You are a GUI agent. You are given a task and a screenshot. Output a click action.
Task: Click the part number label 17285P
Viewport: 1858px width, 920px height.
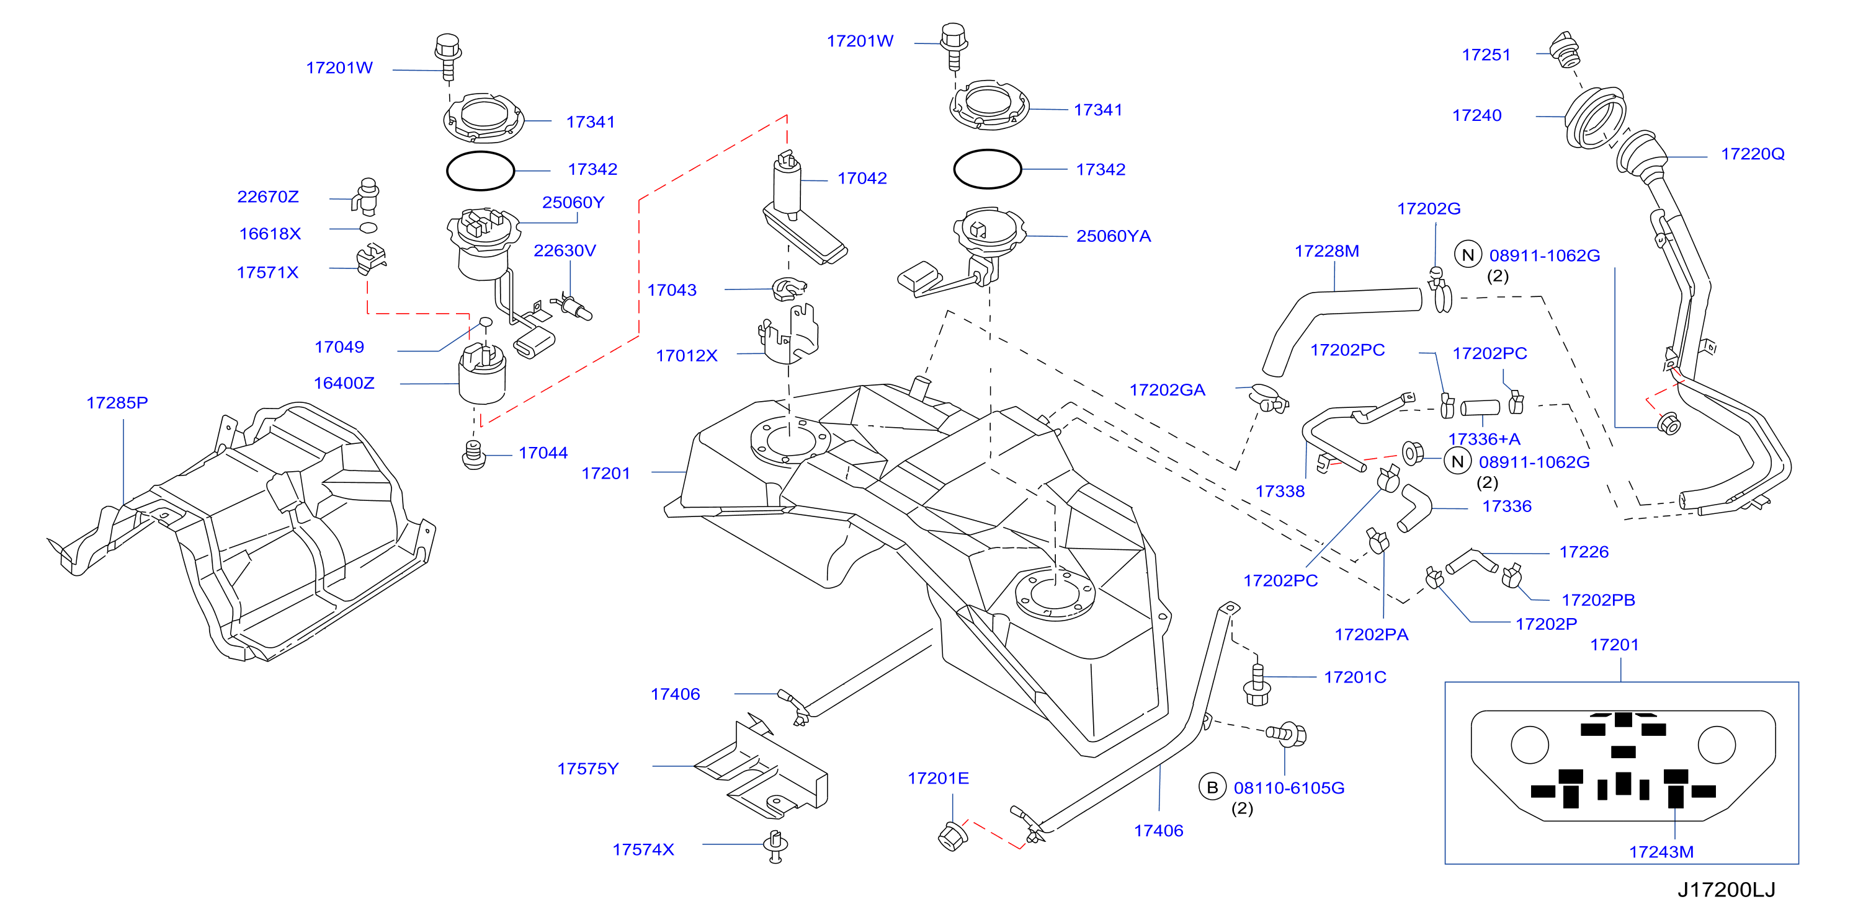(117, 402)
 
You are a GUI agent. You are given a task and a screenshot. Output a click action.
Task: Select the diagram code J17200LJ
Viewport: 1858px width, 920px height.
(1726, 890)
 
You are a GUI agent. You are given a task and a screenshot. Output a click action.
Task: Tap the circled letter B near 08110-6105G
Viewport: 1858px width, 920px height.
(1212, 787)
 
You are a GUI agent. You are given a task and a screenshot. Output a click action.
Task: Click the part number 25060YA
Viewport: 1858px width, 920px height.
(1113, 236)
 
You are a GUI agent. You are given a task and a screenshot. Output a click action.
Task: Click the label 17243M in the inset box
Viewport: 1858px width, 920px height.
(1661, 852)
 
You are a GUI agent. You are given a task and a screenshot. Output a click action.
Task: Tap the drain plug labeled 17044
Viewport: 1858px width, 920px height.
(473, 454)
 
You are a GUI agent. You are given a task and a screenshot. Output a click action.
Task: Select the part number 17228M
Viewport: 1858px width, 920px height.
(1326, 251)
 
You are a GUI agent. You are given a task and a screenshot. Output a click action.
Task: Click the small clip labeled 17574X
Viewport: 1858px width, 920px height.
(775, 846)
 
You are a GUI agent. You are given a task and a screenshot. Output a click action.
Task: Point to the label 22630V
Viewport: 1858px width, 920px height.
(565, 250)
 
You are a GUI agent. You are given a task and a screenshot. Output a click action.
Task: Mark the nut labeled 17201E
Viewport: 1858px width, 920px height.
(952, 835)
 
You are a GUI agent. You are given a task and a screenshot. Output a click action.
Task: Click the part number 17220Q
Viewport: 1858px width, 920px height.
(1753, 154)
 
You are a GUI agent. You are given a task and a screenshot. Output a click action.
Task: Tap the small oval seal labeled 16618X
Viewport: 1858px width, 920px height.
(368, 228)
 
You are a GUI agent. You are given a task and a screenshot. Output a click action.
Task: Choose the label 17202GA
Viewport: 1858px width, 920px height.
(1167, 390)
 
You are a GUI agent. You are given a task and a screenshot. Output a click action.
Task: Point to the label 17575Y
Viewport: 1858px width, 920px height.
(588, 769)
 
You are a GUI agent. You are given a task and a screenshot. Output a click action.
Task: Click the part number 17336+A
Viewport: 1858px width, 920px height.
(1485, 439)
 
